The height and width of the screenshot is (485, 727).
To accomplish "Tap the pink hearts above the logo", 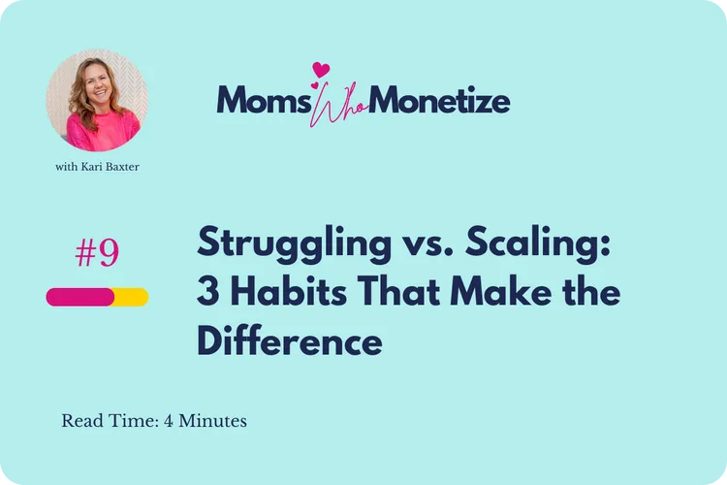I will (320, 71).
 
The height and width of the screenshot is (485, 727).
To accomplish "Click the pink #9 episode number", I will (97, 252).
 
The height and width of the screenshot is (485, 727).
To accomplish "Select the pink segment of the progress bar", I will (80, 297).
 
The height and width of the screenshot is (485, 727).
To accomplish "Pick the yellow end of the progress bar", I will (133, 297).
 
